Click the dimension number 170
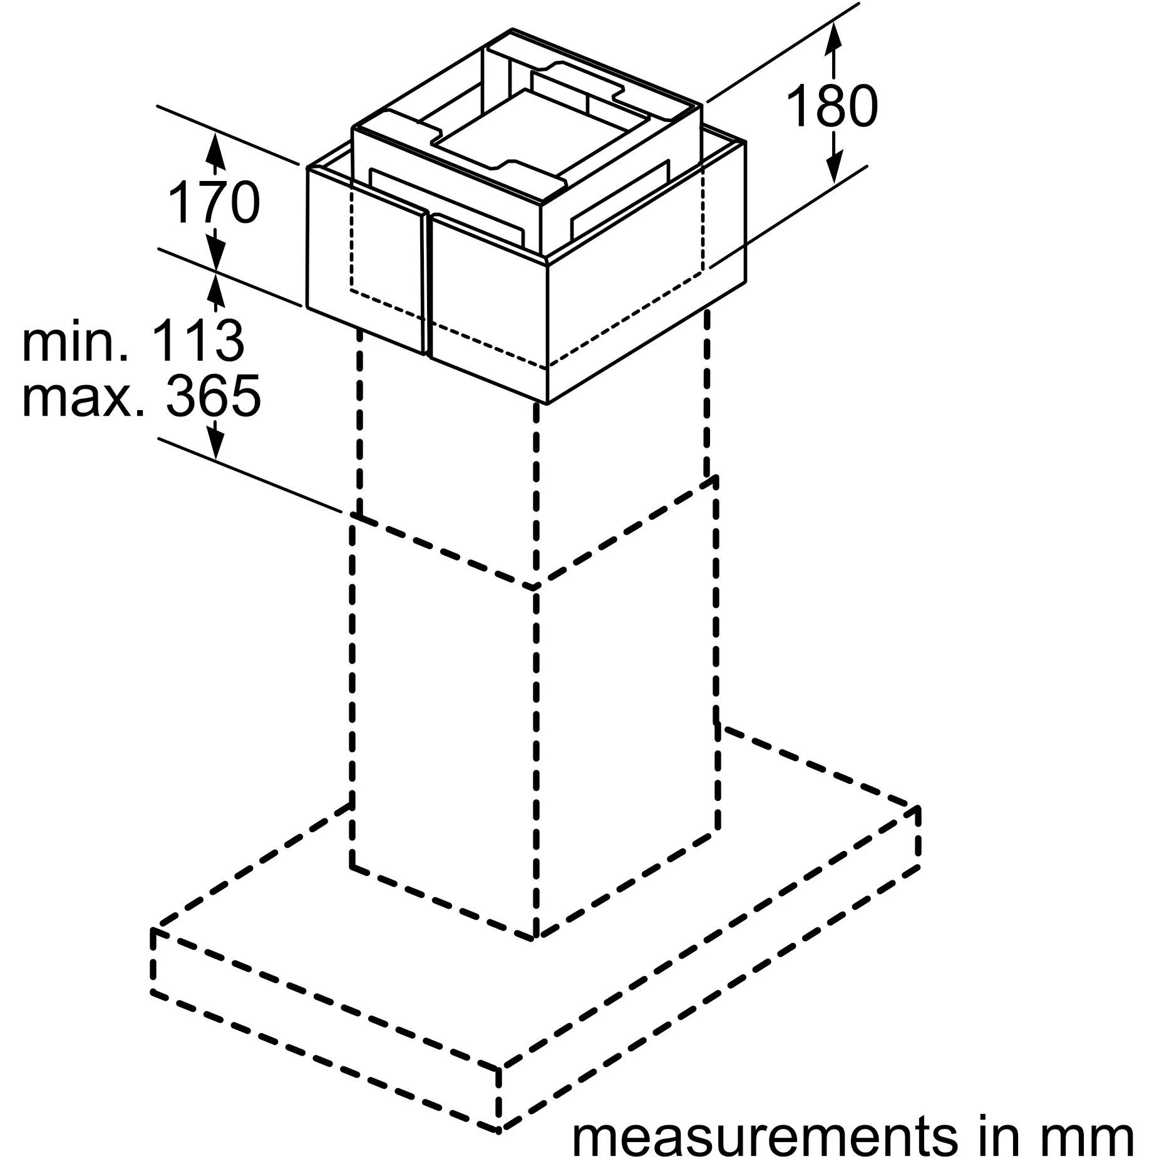(x=214, y=201)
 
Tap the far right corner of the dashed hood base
(x=919, y=807)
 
